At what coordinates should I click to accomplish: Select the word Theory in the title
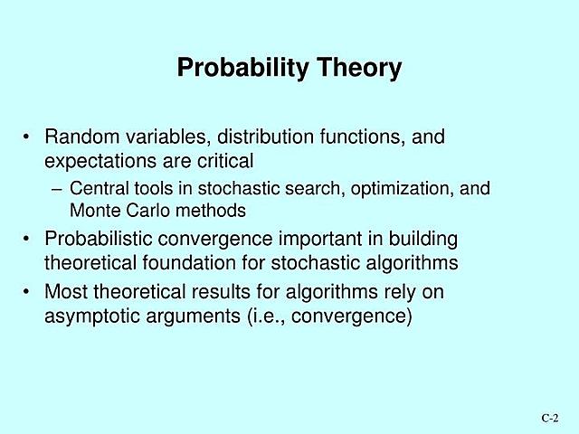point(357,69)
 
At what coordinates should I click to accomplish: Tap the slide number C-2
point(550,418)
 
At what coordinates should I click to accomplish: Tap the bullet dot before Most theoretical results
point(28,292)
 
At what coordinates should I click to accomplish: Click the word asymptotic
point(90,316)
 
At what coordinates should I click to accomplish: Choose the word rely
point(401,292)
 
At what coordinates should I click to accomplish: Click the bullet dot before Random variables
point(28,138)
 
